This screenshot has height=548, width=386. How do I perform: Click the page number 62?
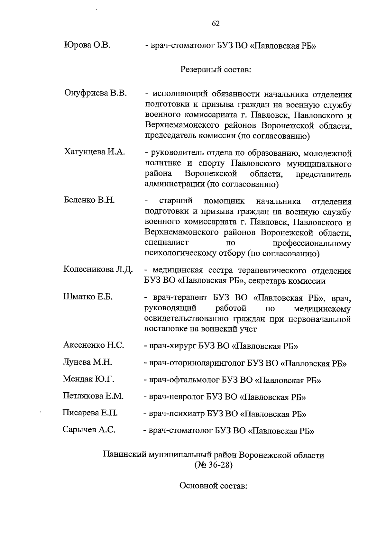pyautogui.click(x=216, y=23)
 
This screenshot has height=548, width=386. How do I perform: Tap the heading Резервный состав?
pyautogui.click(x=216, y=69)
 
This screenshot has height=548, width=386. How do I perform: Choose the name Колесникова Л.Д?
pyautogui.click(x=98, y=269)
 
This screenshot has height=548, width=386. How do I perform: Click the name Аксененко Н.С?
pyautogui.click(x=94, y=345)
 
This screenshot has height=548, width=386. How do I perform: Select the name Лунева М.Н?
pyautogui.click(x=87, y=362)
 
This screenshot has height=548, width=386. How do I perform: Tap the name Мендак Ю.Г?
pyautogui.click(x=88, y=379)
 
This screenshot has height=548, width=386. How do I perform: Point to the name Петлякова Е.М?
pyautogui.click(x=93, y=396)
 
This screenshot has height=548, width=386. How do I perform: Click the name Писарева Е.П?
pyautogui.click(x=90, y=413)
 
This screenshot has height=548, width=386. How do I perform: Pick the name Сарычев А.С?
pyautogui.click(x=89, y=430)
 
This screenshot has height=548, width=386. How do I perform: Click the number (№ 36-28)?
pyautogui.click(x=213, y=465)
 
